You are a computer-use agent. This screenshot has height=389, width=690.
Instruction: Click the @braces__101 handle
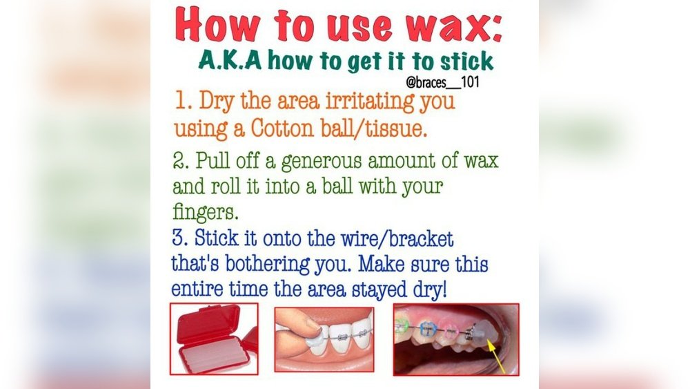(442, 82)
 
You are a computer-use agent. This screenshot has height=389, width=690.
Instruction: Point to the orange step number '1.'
(183, 102)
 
